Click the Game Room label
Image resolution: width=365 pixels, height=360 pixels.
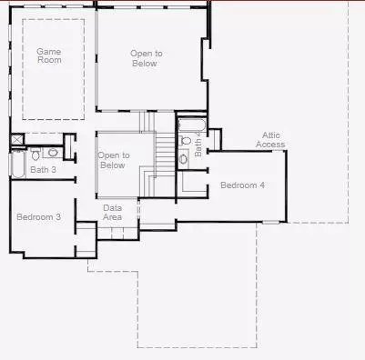pyautogui.click(x=48, y=57)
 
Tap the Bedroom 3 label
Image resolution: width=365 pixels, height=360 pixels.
pyautogui.click(x=39, y=216)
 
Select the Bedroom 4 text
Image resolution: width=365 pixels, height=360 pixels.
pyautogui.click(x=242, y=185)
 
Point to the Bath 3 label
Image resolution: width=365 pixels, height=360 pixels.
pyautogui.click(x=43, y=170)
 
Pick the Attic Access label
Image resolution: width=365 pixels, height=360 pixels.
pyautogui.click(x=269, y=140)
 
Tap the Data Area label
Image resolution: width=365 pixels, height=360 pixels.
pyautogui.click(x=113, y=213)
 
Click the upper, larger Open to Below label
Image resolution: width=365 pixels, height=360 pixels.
pyautogui.click(x=144, y=59)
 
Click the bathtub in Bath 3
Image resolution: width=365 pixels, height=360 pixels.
pyautogui.click(x=17, y=164)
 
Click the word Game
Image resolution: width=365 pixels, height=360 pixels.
pyautogui.click(x=48, y=52)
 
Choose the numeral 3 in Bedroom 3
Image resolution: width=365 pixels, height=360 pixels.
pyautogui.click(x=58, y=216)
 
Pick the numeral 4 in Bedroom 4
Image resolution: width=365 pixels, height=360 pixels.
pyautogui.click(x=262, y=185)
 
